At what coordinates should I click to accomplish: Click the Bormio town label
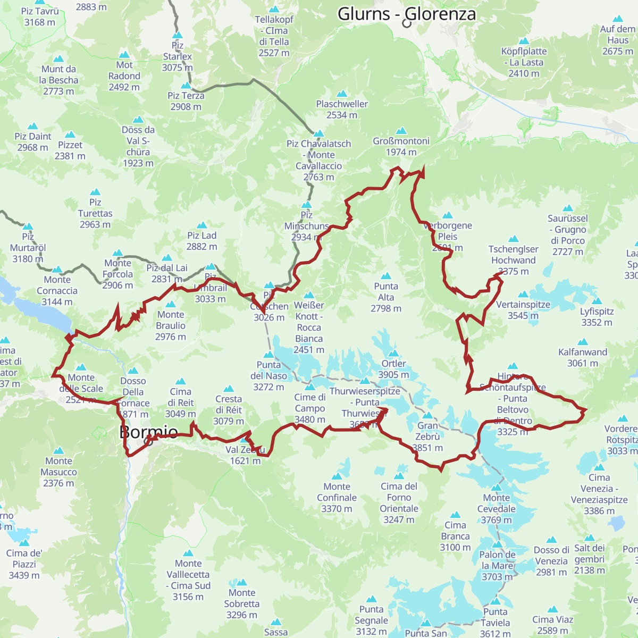[148, 432]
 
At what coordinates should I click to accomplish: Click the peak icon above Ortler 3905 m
[393, 354]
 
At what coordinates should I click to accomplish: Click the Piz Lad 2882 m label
[202, 241]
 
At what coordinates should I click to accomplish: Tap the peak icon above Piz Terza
[186, 86]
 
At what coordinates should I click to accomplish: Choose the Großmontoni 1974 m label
[401, 146]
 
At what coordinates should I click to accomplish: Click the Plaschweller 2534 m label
[342, 109]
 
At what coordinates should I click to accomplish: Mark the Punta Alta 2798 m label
[386, 297]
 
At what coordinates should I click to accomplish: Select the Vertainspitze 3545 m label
[523, 310]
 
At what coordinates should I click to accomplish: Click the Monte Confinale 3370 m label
[337, 497]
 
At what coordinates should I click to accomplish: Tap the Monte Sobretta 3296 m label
[242, 603]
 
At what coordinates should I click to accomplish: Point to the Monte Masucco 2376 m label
[58, 472]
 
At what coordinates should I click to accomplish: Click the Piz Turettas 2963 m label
[95, 213]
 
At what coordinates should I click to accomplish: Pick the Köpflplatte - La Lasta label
[524, 62]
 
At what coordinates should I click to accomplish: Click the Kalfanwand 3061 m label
[583, 357]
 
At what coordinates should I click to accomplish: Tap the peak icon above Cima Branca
[455, 515]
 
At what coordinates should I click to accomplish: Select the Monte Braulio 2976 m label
[171, 325]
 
